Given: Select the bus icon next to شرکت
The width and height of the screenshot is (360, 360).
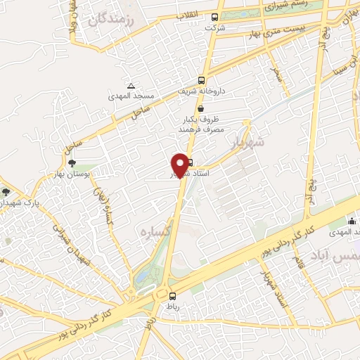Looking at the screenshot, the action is [x=214, y=18].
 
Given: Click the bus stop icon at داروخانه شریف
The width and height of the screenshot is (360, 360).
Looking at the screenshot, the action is [x=202, y=79].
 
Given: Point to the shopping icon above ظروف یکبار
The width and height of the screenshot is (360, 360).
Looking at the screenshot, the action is [x=202, y=109].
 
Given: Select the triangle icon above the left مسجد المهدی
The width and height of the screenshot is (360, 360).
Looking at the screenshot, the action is [x=131, y=84].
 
